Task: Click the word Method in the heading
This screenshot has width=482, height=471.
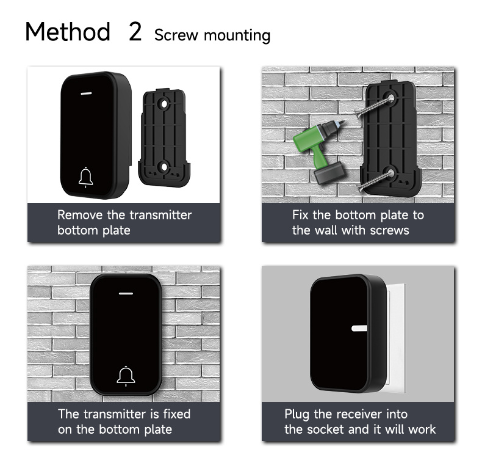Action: [x=68, y=31]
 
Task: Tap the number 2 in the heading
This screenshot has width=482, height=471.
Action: [x=135, y=31]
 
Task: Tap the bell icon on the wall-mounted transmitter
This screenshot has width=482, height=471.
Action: [x=126, y=376]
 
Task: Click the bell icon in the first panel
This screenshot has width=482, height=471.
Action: [x=86, y=177]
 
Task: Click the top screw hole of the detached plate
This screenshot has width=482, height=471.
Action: [x=164, y=104]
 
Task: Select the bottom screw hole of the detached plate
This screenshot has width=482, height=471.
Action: [x=164, y=167]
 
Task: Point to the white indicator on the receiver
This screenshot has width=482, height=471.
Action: [x=359, y=328]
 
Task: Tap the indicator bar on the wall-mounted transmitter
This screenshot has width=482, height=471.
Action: [x=126, y=293]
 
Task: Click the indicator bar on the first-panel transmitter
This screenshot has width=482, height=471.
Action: [x=87, y=93]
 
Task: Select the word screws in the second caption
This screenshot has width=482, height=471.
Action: [x=389, y=230]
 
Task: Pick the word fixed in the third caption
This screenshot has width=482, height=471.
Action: [x=177, y=414]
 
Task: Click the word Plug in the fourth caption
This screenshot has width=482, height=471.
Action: [x=297, y=414]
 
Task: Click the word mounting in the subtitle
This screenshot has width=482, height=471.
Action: [x=237, y=35]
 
